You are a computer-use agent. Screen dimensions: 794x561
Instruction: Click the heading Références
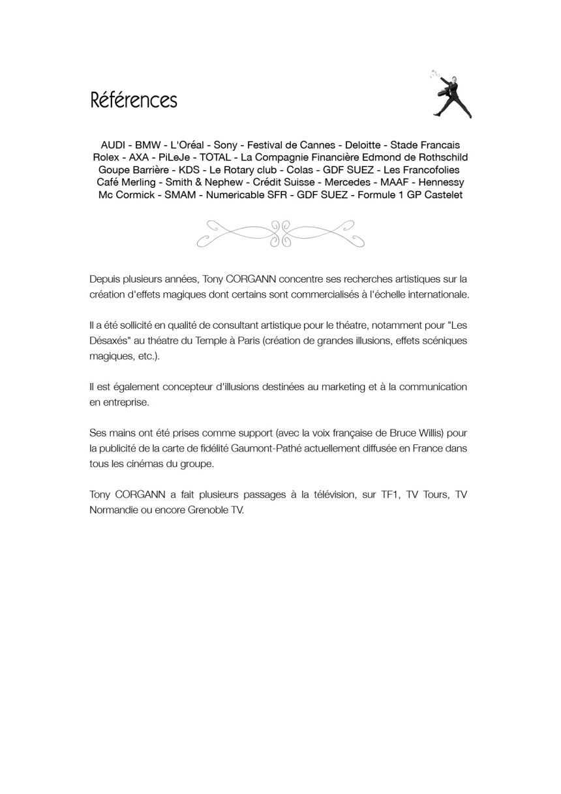pyautogui.click(x=134, y=100)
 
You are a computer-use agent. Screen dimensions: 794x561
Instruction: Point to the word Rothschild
pyautogui.click(x=441, y=157)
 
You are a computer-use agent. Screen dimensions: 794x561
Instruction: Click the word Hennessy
pyautogui.click(x=441, y=182)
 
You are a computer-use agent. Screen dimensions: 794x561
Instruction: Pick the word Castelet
pyautogui.click(x=443, y=195)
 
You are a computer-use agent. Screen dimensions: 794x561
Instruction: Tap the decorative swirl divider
pyautogui.click(x=280, y=233)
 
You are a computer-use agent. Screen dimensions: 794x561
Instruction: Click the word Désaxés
pyautogui.click(x=110, y=341)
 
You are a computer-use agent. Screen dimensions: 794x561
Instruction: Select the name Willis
pyautogui.click(x=431, y=433)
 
